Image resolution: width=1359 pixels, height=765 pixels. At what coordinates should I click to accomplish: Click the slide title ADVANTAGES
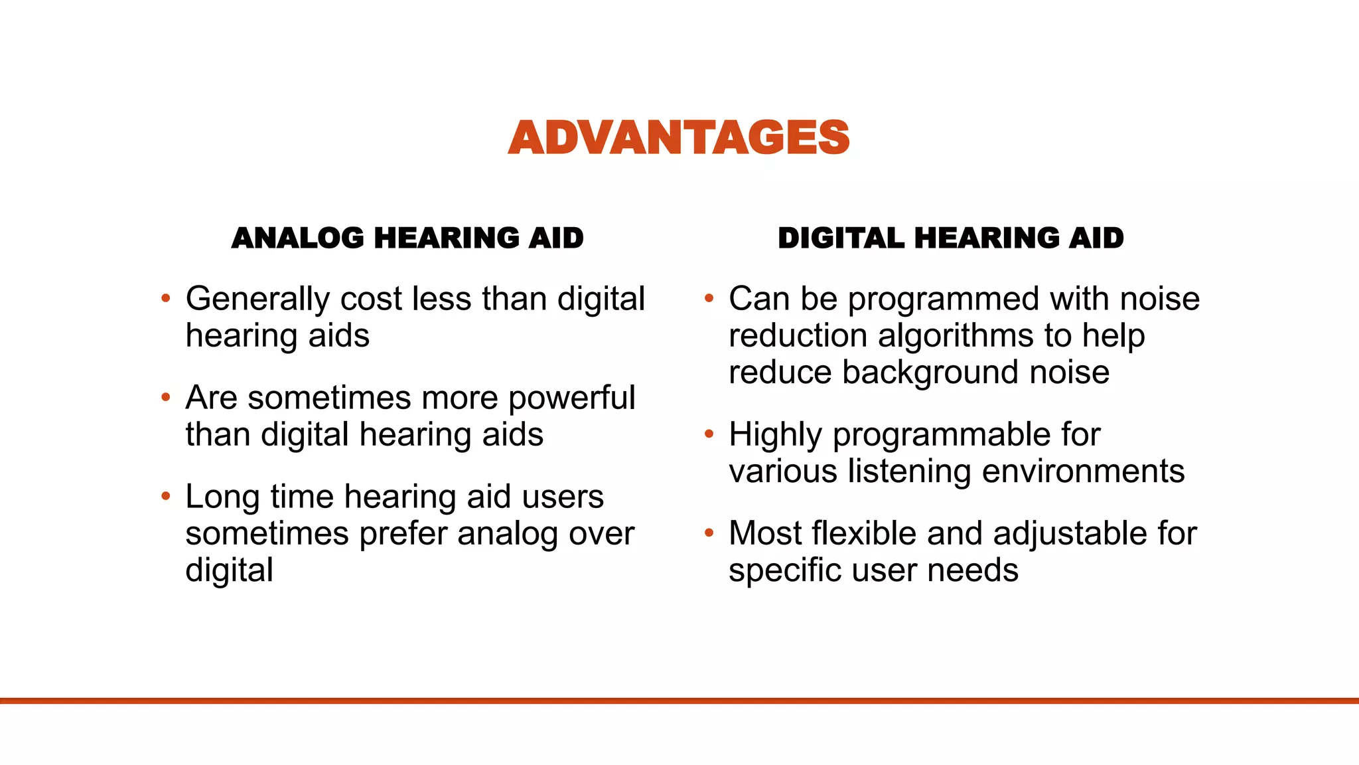[x=678, y=137]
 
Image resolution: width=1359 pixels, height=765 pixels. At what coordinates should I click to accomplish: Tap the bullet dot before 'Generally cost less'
[x=166, y=298]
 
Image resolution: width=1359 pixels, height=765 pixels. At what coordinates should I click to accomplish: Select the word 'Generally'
[x=257, y=299]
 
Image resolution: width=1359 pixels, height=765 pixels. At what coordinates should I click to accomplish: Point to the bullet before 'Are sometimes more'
[x=166, y=397]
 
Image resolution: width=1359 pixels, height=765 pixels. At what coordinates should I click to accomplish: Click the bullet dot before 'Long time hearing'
[x=166, y=496]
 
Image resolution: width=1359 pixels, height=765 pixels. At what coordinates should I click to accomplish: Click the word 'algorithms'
[x=956, y=336]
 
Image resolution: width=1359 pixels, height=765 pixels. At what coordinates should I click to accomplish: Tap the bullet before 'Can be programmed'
[x=709, y=298]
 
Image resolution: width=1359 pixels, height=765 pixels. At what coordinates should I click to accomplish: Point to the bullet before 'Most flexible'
[x=709, y=533]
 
